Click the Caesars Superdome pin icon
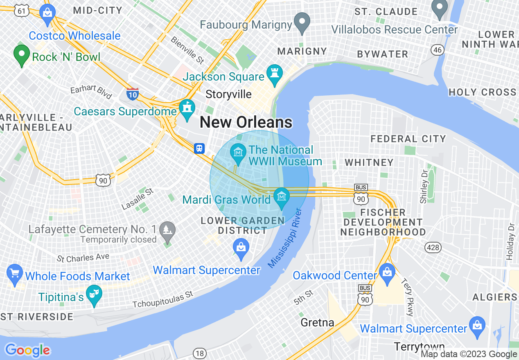pos(187,109)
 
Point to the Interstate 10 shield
pos(133,94)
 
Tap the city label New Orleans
pos(246,122)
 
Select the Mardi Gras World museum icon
pos(282,197)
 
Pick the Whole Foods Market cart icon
pos(14,274)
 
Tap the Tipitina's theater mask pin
pos(94,294)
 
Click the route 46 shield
pos(437,50)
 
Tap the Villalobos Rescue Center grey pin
pos(440,8)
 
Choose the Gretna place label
pos(317,322)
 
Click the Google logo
pos(27,350)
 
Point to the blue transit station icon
pos(199,148)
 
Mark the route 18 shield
pos(199,353)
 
